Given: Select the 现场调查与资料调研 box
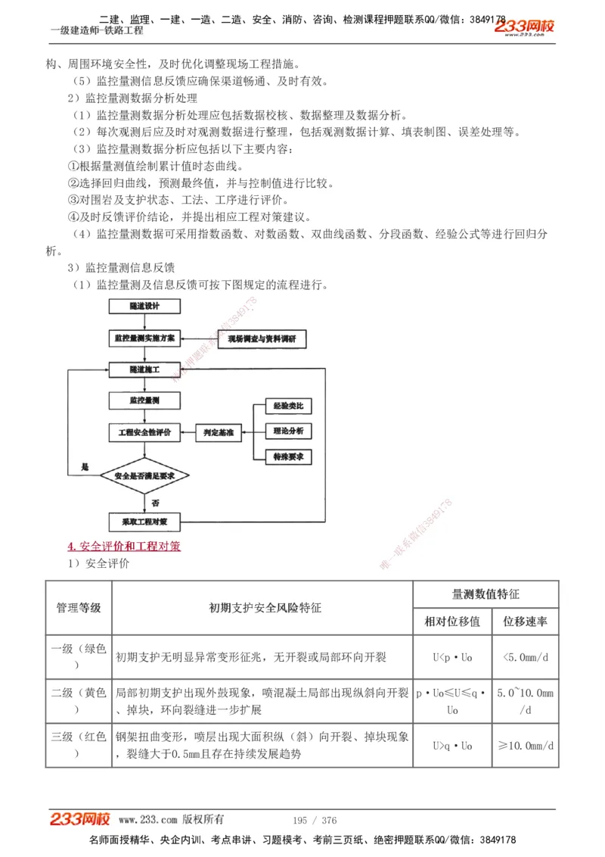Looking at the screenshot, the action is [262, 339].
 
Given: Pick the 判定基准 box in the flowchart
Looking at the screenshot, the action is [219, 433].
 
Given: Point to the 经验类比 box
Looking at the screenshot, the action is [288, 407].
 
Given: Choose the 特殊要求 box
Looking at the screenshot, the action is [288, 457].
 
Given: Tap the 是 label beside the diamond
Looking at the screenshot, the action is [85, 467].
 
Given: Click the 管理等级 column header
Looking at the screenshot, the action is [79, 608].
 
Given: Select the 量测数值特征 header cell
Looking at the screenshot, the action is [486, 594].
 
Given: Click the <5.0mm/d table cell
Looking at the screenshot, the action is [525, 656].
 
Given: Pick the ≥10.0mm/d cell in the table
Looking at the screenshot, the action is [525, 746].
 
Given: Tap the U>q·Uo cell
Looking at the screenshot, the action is [452, 746].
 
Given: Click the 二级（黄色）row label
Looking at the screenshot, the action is [79, 700].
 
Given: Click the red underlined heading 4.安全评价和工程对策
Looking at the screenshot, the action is [124, 546].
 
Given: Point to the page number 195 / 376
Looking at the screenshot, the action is [314, 820].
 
